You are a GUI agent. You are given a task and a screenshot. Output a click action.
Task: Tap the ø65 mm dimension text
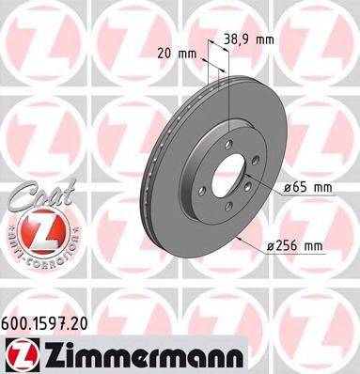click(308, 188)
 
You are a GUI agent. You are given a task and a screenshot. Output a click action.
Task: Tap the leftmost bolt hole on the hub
click(200, 165)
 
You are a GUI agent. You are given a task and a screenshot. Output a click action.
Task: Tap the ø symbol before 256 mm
click(268, 246)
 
